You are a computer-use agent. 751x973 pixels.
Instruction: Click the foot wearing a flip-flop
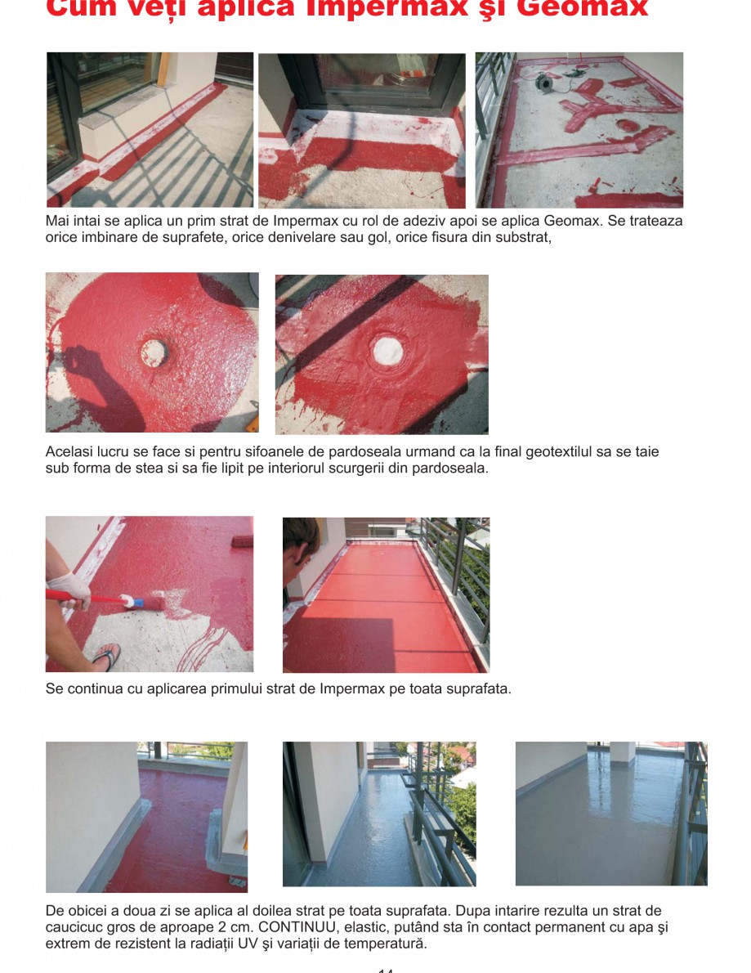pos(105,656)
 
